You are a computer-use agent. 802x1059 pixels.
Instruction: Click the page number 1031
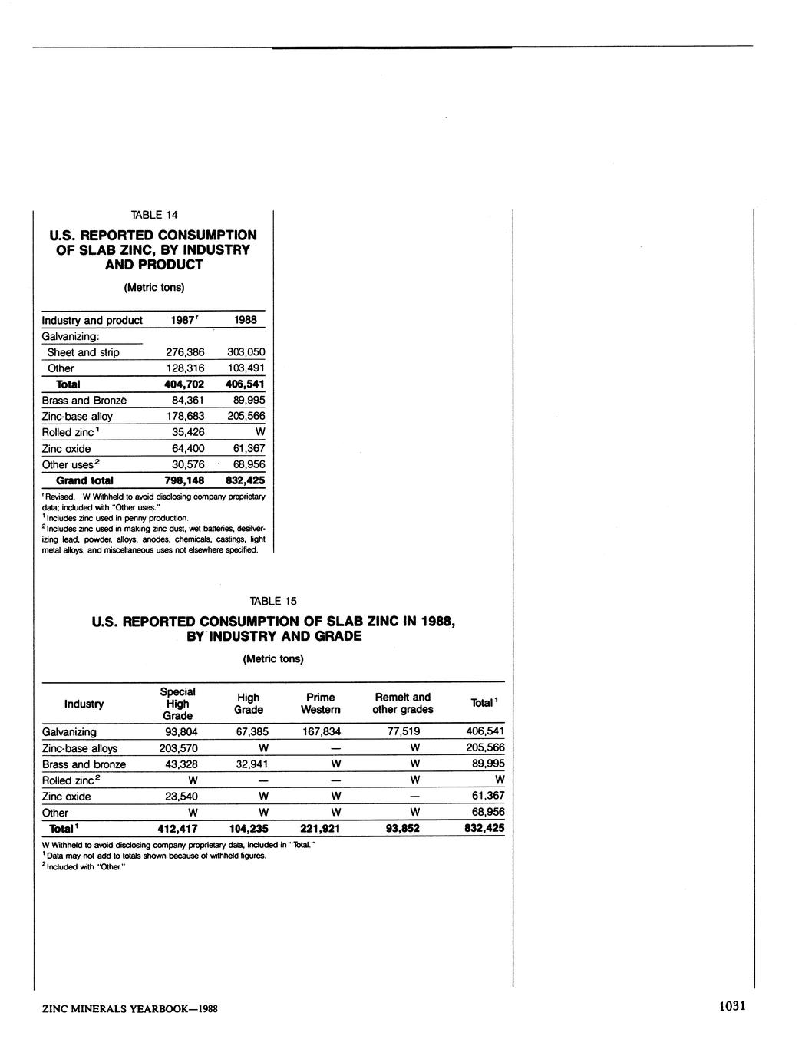[x=732, y=1006]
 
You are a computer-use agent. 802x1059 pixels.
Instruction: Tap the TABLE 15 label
[x=273, y=601]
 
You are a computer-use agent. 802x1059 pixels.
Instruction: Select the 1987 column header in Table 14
[x=186, y=320]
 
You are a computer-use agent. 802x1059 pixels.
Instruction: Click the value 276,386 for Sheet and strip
[x=186, y=352]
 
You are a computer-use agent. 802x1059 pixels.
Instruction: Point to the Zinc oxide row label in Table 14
[x=66, y=449]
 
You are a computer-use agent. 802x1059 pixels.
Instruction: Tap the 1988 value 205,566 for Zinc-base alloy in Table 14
[x=246, y=416]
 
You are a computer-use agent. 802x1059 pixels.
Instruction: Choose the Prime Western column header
[x=320, y=704]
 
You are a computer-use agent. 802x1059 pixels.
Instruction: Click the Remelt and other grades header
[x=403, y=704]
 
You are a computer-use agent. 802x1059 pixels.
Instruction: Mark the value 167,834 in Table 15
[x=321, y=732]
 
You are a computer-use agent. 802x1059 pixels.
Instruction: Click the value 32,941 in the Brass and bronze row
[x=249, y=764]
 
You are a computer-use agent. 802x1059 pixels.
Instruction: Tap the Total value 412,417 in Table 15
[x=177, y=829]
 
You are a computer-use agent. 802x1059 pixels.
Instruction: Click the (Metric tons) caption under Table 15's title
[x=273, y=659]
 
